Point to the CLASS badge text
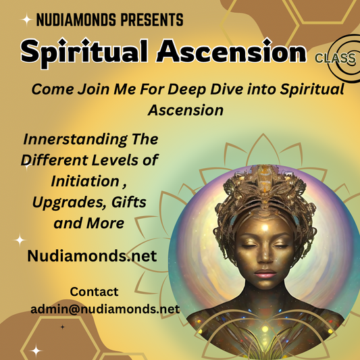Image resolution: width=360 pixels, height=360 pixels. pyautogui.click(x=335, y=58)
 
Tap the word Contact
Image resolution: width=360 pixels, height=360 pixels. pyautogui.click(x=94, y=292)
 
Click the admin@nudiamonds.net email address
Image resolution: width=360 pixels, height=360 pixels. pyautogui.click(x=105, y=309)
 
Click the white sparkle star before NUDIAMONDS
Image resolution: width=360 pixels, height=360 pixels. pyautogui.click(x=26, y=20)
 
